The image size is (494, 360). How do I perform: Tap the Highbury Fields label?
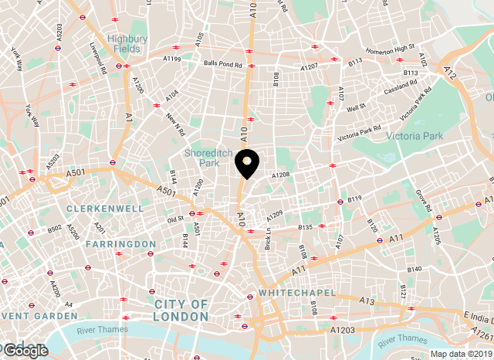click(127, 43)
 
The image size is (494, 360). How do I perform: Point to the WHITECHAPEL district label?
click(297, 294)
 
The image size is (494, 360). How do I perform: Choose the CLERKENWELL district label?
click(104, 209)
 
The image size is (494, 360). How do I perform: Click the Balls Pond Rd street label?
click(223, 63)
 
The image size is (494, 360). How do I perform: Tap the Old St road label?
click(175, 218)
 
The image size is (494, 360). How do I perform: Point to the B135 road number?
click(305, 227)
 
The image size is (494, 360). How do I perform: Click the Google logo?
click(25, 350)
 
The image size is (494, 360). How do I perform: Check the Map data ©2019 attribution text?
click(461, 355)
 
